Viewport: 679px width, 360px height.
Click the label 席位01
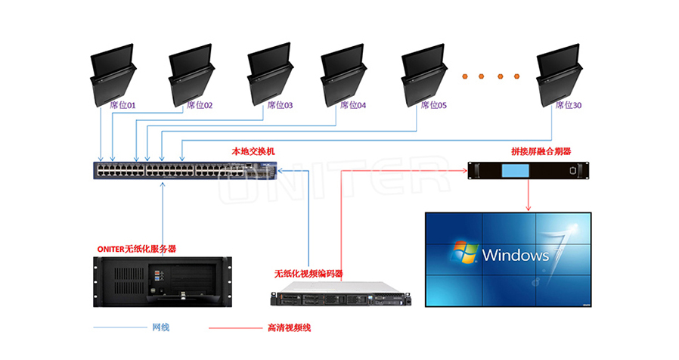tap(122, 105)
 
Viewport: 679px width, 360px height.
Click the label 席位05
tap(433, 105)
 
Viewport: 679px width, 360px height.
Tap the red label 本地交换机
tap(253, 151)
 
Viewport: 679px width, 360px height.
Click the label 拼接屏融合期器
tap(541, 151)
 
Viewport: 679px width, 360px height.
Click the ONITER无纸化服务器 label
tap(143, 248)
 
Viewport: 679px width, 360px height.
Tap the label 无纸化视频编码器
tap(308, 273)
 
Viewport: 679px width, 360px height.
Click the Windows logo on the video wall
tap(463, 253)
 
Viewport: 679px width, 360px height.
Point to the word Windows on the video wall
tap(516, 255)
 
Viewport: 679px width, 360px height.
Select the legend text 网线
tap(160, 327)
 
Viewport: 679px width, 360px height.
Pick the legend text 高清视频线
tap(289, 327)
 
